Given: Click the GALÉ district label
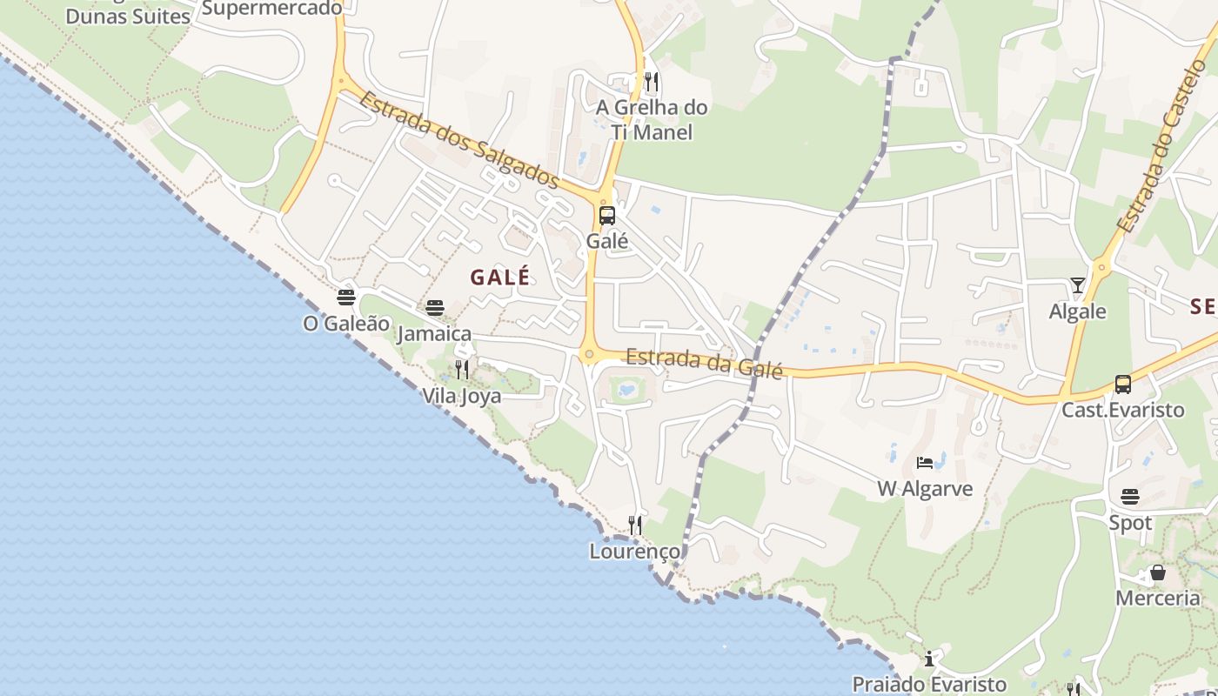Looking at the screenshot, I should click(500, 278).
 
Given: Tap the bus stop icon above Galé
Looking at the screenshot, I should click(607, 216).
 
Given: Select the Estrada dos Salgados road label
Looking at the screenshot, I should click(458, 139).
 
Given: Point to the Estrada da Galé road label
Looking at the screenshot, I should click(704, 363).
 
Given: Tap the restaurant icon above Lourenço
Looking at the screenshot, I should click(636, 525).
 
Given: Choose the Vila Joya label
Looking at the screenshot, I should click(462, 396).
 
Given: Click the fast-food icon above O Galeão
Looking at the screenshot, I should click(346, 297).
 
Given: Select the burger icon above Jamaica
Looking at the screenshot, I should click(435, 307).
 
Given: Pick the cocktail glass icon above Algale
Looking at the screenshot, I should click(1078, 285).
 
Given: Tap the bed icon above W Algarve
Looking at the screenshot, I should click(925, 462).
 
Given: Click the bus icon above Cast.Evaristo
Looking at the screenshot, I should click(1123, 384).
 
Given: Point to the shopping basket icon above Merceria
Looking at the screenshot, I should click(1158, 572).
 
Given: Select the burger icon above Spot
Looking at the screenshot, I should click(1130, 497).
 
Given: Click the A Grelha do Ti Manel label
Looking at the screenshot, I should click(652, 120).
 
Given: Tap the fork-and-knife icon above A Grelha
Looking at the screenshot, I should click(651, 82).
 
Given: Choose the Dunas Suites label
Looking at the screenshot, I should click(128, 16).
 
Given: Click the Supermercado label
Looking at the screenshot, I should click(271, 9).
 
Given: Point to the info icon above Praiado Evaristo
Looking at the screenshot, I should click(929, 658).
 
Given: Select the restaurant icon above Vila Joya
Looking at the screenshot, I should click(462, 370).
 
